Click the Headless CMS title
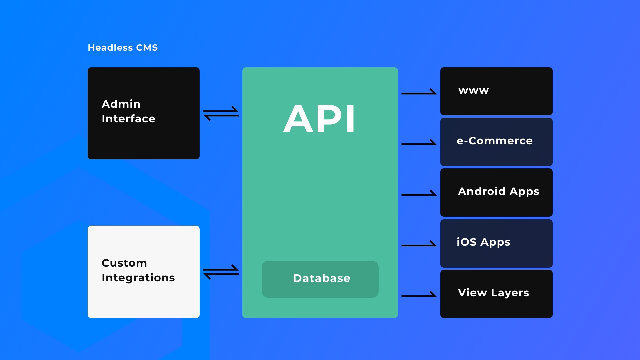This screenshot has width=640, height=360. (x=123, y=48)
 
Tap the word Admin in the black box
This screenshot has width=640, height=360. (x=121, y=104)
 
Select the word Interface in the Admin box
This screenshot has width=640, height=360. (x=128, y=119)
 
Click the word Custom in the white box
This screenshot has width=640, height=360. (x=124, y=263)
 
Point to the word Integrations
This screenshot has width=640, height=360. (x=138, y=278)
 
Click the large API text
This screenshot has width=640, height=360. (x=319, y=119)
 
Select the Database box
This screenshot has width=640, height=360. (x=320, y=279)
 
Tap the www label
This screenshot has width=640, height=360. (x=473, y=90)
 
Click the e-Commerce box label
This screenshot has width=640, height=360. (x=494, y=141)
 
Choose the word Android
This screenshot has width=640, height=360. (x=482, y=191)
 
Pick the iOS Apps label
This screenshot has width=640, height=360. (x=483, y=242)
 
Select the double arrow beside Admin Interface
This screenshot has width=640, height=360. (x=221, y=113)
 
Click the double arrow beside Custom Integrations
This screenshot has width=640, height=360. (x=221, y=272)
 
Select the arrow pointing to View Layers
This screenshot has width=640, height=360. (x=419, y=295)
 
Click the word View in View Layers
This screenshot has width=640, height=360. (x=472, y=293)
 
